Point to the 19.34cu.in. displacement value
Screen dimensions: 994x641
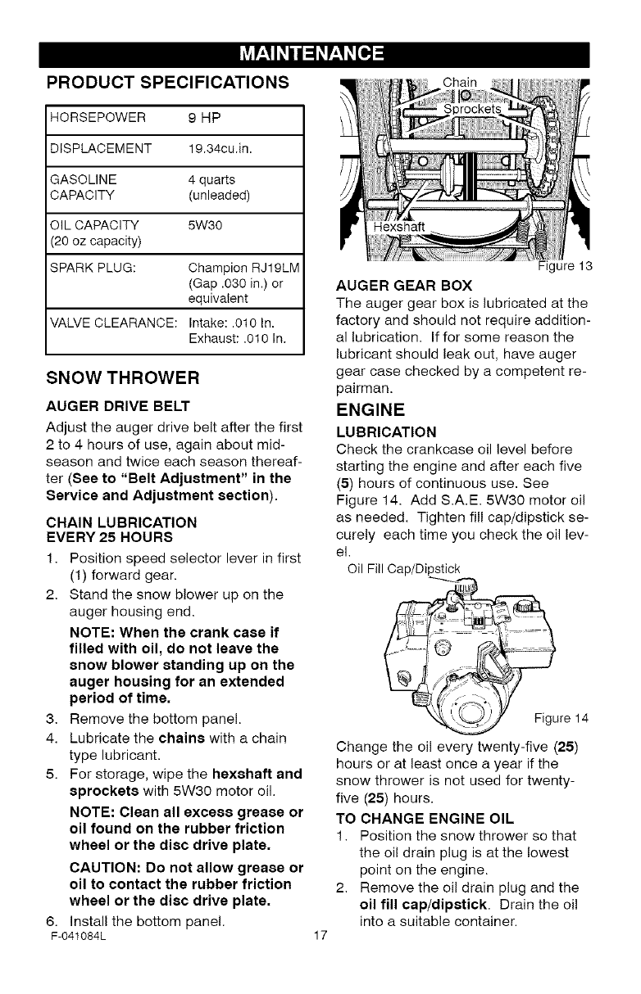(221, 148)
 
